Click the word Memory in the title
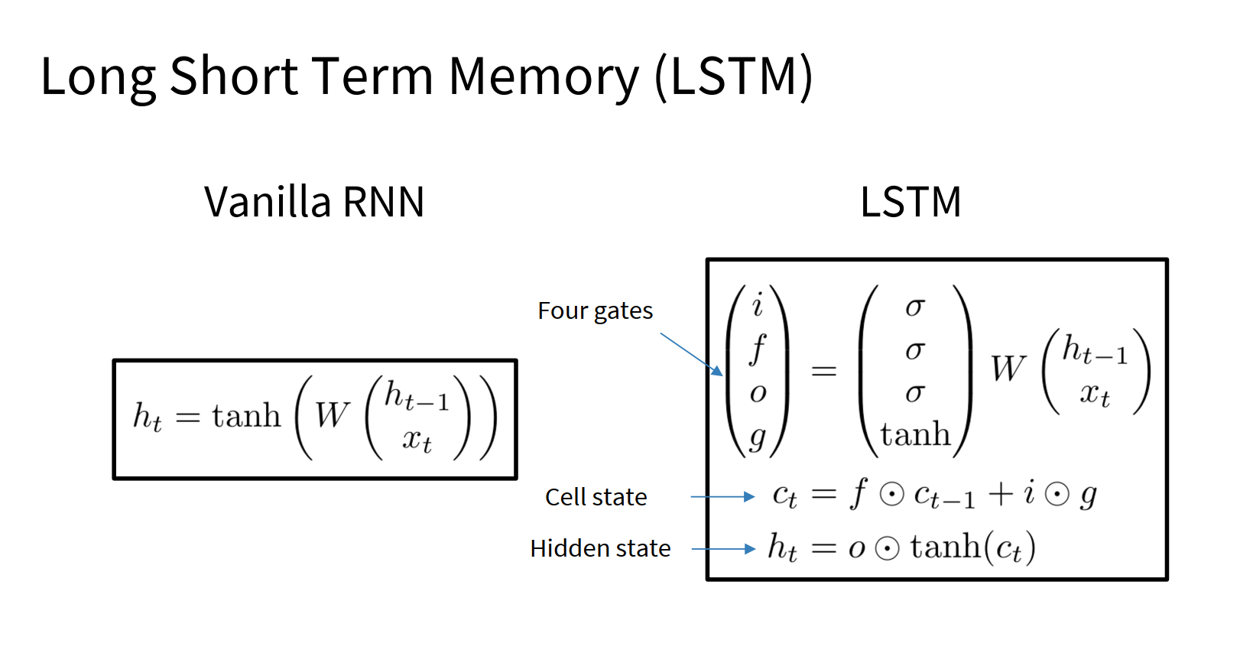click(x=543, y=78)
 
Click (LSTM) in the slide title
click(x=734, y=76)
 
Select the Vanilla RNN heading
click(x=314, y=203)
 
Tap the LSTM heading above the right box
click(x=911, y=203)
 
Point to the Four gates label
click(x=595, y=311)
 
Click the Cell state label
click(x=596, y=498)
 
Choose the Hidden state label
click(x=600, y=549)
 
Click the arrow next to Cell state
click(x=722, y=497)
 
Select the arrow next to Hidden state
click(x=723, y=549)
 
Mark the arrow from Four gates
click(x=691, y=353)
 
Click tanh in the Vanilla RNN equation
click(x=246, y=417)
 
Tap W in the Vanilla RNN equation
click(x=332, y=417)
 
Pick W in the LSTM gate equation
click(x=1008, y=369)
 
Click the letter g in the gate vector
click(x=758, y=437)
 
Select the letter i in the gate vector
click(x=758, y=306)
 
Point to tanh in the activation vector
click(x=915, y=435)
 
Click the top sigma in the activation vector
click(x=915, y=307)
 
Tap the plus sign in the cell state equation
click(x=1001, y=495)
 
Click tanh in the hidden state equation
click(x=945, y=547)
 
